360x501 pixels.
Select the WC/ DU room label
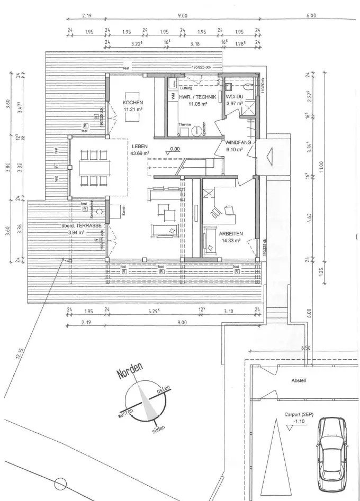(234, 98)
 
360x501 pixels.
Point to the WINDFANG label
(238, 143)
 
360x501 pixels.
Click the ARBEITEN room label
(230, 233)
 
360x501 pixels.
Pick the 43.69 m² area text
(140, 153)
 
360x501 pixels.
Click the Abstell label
(299, 380)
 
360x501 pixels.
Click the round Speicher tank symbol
(198, 130)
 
